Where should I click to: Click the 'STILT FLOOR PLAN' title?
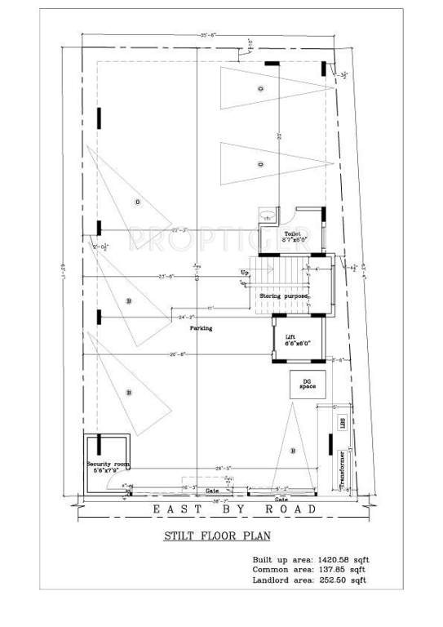216,536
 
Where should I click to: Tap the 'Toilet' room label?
291,233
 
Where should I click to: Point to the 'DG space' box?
307,384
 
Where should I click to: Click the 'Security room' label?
108,464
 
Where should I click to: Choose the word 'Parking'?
202,328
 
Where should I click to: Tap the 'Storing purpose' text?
284,296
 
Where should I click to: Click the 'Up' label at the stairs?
244,271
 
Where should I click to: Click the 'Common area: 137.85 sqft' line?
309,569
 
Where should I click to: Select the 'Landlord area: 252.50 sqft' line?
309,580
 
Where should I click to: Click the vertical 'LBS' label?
343,422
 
